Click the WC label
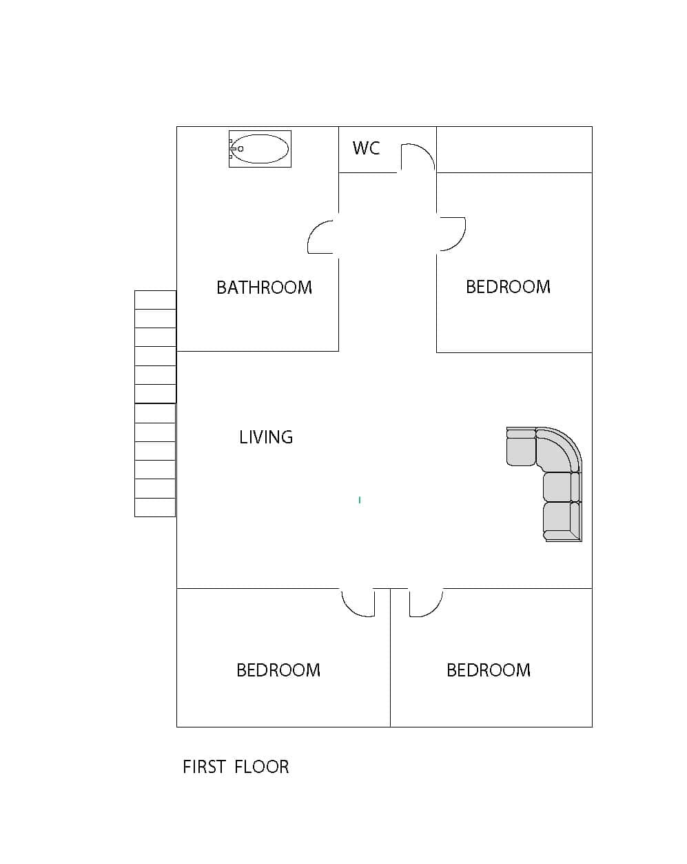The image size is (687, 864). point(366,148)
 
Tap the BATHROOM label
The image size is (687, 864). point(264,288)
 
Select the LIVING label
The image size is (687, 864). point(266,436)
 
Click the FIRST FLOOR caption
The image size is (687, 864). point(236,767)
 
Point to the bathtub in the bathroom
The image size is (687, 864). point(260,148)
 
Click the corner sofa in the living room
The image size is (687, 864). point(544,484)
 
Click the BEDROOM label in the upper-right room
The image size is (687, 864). point(508,287)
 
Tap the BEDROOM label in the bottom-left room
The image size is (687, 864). point(278,670)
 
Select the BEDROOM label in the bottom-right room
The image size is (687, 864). point(489,670)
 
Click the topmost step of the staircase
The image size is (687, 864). point(155,300)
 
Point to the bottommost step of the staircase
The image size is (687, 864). point(155,507)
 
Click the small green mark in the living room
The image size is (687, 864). point(360,500)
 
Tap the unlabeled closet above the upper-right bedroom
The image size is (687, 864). point(514,150)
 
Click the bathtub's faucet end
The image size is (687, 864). point(232,148)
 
